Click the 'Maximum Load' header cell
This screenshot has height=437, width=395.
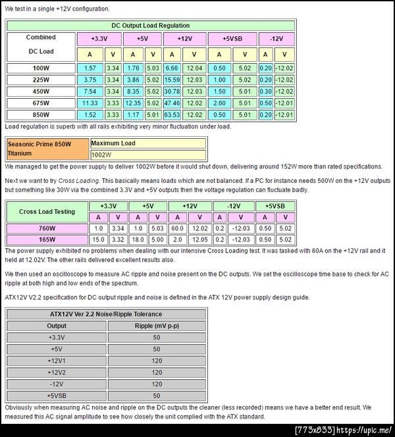147,143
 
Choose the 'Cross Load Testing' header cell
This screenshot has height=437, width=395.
47,211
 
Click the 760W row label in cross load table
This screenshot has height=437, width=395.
47,228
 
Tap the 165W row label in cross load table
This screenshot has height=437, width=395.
47,240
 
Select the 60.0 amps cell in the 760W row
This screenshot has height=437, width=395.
178,228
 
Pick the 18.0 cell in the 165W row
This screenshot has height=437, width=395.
138,240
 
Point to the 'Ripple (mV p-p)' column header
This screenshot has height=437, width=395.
156,326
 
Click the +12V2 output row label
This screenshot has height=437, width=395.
56,373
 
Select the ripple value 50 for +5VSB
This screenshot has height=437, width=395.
156,396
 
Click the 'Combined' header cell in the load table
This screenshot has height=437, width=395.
41,38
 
